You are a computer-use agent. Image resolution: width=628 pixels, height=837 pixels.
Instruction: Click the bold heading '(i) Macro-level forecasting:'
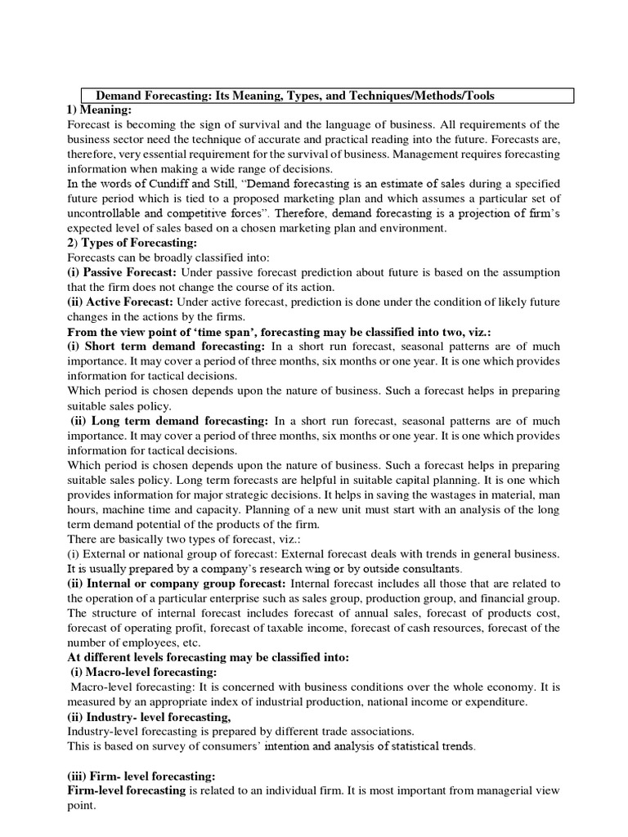click(x=144, y=672)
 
